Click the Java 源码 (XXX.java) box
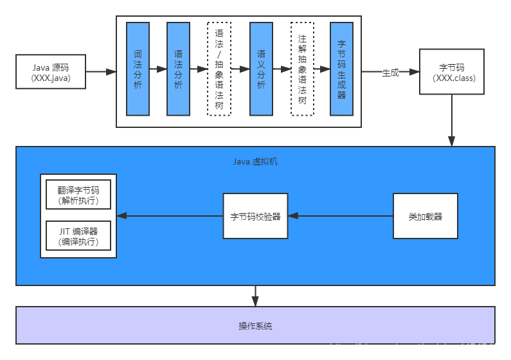pyautogui.click(x=51, y=71)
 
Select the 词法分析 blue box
pyautogui.click(x=138, y=69)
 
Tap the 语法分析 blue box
pyautogui.click(x=178, y=69)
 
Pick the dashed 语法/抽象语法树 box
pyautogui.click(x=219, y=69)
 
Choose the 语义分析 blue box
pyautogui.click(x=261, y=69)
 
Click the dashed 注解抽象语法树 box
pyautogui.click(x=302, y=69)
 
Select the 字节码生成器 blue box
pyautogui.click(x=341, y=69)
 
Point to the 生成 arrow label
pyautogui.click(x=390, y=72)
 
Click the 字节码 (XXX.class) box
pyautogui.click(x=452, y=71)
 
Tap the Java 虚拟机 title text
pyautogui.click(x=255, y=161)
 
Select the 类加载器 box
pyautogui.click(x=426, y=216)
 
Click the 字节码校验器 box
pyautogui.click(x=255, y=216)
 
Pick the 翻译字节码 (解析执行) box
pyautogui.click(x=78, y=194)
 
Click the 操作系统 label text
pyautogui.click(x=255, y=326)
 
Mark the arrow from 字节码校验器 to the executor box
pyautogui.click(x=170, y=216)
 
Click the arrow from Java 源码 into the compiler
pyautogui.click(x=100, y=72)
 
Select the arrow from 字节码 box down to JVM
pyautogui.click(x=452, y=121)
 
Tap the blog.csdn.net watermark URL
pyautogui.click(x=417, y=348)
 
